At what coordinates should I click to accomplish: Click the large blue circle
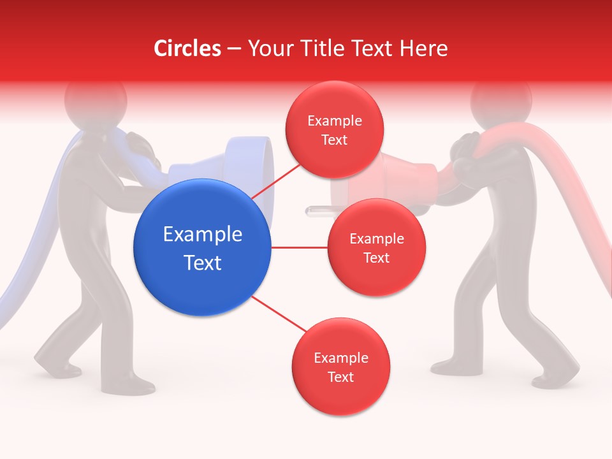pos(203,248)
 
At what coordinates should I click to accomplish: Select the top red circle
pos(335,130)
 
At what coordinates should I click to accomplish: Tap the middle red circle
pos(376,247)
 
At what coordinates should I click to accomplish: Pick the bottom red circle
pos(340,367)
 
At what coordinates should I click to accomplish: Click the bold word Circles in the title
pos(187,48)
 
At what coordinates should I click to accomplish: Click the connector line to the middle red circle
pos(300,247)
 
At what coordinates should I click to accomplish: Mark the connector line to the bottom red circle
pos(280,316)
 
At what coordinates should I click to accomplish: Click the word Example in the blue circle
pos(203,235)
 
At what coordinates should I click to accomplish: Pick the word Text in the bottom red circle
pos(340,377)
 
